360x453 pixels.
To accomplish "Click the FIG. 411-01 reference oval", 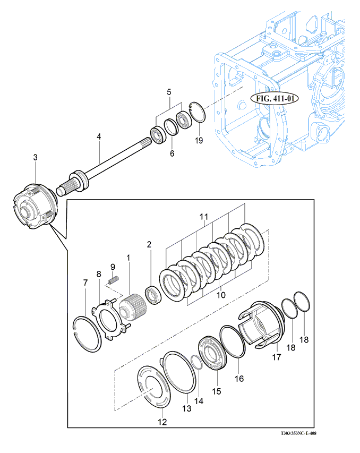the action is [x=275, y=99].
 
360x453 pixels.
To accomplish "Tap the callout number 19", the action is [x=199, y=140].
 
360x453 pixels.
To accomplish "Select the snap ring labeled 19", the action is [x=198, y=113].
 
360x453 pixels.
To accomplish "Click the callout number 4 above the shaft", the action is [x=99, y=136].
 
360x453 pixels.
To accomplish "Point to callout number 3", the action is [x=35, y=157].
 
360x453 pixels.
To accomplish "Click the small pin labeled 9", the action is [x=114, y=280].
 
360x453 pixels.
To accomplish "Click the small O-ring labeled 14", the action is [x=196, y=362].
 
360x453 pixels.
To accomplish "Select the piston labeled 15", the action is [x=212, y=353].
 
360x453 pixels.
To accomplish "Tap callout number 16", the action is [x=239, y=379].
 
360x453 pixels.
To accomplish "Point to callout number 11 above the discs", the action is [x=204, y=217].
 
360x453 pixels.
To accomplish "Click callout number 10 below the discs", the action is [x=221, y=295].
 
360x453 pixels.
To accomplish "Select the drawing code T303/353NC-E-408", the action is [x=298, y=433].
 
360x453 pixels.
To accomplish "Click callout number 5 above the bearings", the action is [x=169, y=92].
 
